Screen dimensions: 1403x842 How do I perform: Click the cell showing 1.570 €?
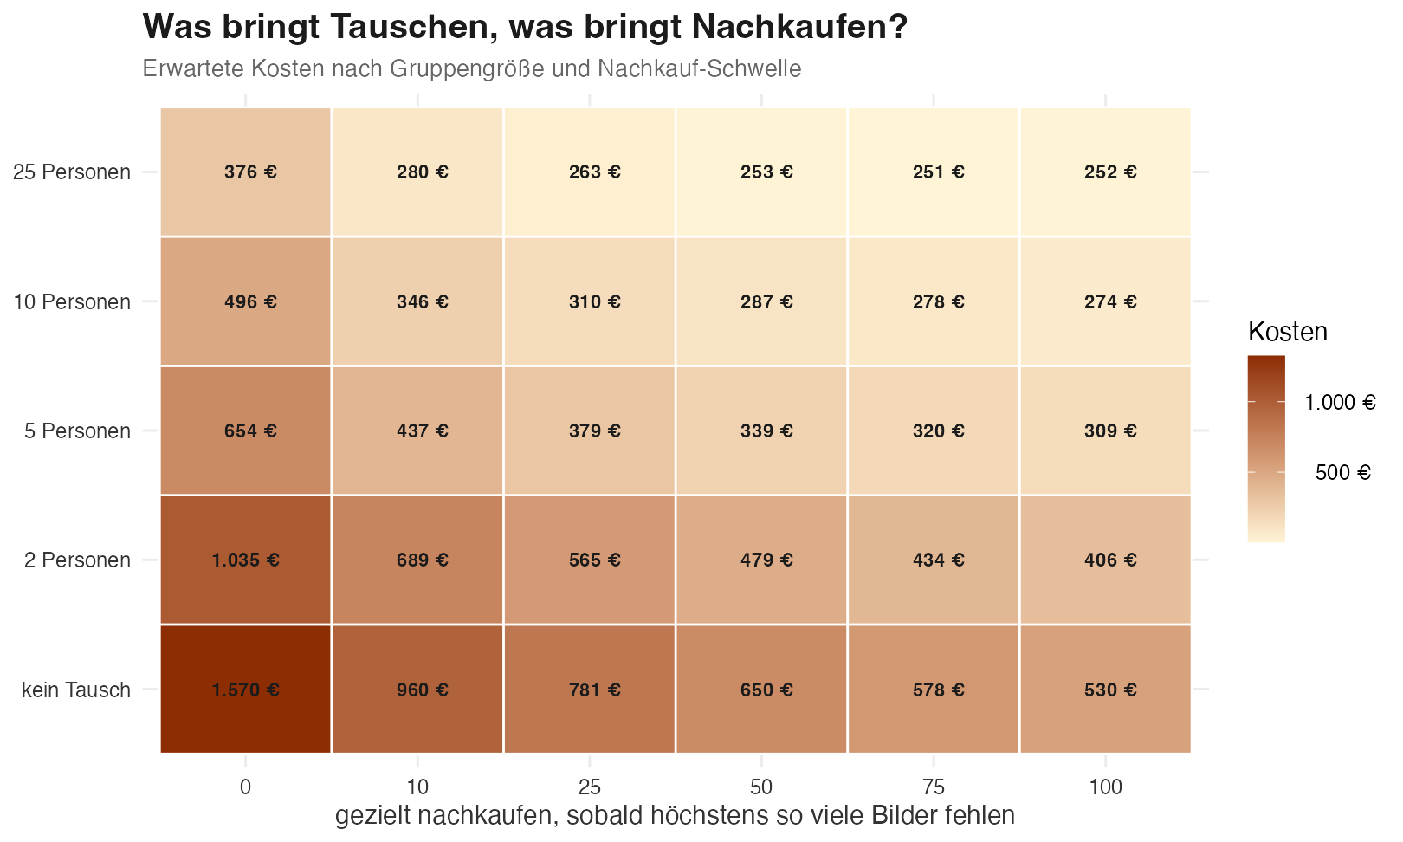(x=246, y=690)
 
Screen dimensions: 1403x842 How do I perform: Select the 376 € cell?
(x=246, y=172)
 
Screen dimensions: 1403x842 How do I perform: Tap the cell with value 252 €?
(x=1105, y=172)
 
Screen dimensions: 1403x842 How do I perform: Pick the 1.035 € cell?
(x=246, y=560)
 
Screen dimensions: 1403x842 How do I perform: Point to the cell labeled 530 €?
(x=1105, y=690)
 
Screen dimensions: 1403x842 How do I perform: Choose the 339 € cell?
(x=761, y=431)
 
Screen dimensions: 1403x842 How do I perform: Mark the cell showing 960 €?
(x=417, y=690)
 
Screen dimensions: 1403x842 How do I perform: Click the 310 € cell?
(x=590, y=301)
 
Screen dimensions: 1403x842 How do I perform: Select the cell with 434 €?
(x=934, y=560)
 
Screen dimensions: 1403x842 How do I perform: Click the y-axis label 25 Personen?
(x=72, y=172)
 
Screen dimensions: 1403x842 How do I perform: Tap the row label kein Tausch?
(x=76, y=690)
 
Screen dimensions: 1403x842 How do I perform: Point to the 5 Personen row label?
(x=78, y=431)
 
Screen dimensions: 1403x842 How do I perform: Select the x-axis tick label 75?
(x=934, y=787)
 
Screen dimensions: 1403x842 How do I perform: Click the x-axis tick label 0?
(x=246, y=787)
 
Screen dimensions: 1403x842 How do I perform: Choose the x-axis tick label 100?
(x=1105, y=787)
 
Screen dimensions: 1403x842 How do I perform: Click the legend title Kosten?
(x=1288, y=332)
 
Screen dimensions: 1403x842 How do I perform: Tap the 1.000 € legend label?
(x=1341, y=402)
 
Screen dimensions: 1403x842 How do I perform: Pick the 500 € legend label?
(x=1343, y=472)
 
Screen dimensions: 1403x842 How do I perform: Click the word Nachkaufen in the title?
(x=799, y=27)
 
